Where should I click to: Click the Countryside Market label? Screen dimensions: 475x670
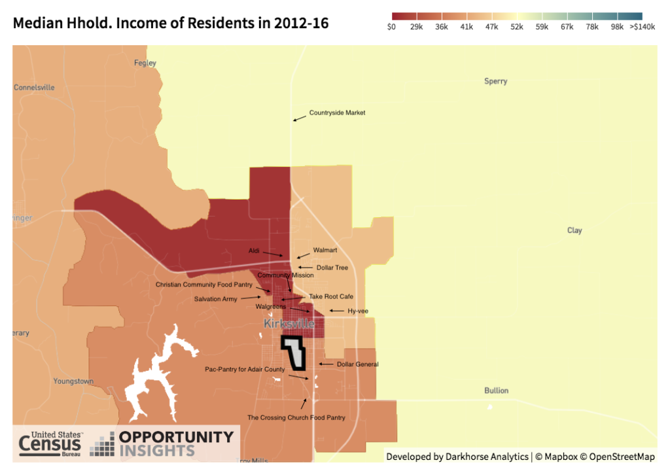pyautogui.click(x=337, y=113)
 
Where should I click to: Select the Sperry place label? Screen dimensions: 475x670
pyautogui.click(x=495, y=82)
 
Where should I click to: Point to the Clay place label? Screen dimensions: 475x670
pyautogui.click(x=574, y=230)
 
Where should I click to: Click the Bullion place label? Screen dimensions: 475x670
pyautogui.click(x=496, y=391)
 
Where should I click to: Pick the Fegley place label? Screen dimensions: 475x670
pyautogui.click(x=145, y=63)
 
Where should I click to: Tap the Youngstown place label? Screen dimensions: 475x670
pyautogui.click(x=73, y=381)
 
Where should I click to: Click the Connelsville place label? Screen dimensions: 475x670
pyautogui.click(x=34, y=88)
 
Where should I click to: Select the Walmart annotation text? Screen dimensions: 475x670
pyautogui.click(x=325, y=251)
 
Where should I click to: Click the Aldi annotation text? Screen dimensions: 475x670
pyautogui.click(x=255, y=251)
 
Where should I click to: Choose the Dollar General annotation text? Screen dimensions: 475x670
pyautogui.click(x=357, y=364)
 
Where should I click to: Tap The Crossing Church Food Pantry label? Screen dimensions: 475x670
pyautogui.click(x=296, y=417)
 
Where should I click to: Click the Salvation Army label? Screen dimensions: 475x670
pyautogui.click(x=217, y=299)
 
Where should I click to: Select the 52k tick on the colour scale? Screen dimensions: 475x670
pyautogui.click(x=517, y=27)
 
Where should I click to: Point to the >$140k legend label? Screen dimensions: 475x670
pyautogui.click(x=642, y=27)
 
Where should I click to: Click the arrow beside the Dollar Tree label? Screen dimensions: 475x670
pyautogui.click(x=305, y=268)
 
